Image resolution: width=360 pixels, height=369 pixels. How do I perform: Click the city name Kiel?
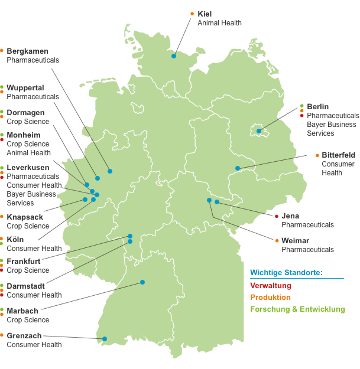coord(205,14)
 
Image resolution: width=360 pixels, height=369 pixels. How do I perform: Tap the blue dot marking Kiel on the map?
coord(174,56)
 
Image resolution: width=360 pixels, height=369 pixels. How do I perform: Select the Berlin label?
coord(318,106)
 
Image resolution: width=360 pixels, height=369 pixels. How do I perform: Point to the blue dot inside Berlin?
coord(259,131)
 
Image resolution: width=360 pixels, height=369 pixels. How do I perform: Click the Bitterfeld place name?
coord(338,155)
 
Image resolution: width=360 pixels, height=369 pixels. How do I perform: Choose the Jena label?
coord(290,216)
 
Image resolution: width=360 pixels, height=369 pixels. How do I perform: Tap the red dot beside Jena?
coord(277,216)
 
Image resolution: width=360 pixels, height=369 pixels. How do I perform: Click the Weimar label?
coord(295,241)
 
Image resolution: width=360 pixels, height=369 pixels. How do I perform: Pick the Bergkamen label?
coord(27,51)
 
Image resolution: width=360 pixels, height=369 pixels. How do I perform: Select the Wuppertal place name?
coord(25,88)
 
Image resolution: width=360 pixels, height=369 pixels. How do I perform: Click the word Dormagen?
coord(25,112)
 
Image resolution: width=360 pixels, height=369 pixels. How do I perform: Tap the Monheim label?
coord(24,135)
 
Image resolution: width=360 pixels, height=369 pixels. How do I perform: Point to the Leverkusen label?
coord(28,168)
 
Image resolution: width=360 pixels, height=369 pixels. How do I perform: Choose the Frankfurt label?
coord(24,261)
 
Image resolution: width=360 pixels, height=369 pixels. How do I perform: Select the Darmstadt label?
coord(26,286)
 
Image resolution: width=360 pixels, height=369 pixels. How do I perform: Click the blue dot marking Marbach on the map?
coord(142,282)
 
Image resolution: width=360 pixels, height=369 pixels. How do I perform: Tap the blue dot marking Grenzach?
coord(105,339)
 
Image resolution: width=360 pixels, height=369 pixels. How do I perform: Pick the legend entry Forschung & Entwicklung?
coord(297,309)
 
